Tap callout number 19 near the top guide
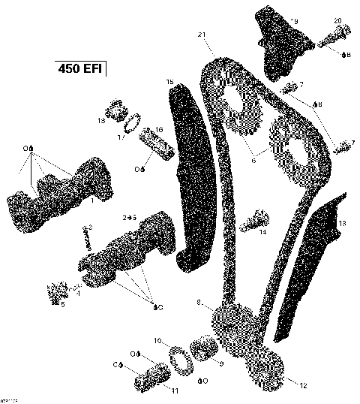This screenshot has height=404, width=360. [x=293, y=21]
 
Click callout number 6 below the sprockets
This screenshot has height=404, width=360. [x=254, y=158]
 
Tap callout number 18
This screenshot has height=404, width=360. [x=100, y=120]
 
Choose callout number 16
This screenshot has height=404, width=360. [x=158, y=130]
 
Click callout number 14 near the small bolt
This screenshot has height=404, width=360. [x=262, y=233]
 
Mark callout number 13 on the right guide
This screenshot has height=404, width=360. [x=342, y=223]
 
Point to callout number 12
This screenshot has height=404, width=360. [x=302, y=386]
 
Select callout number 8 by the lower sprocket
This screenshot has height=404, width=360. [x=199, y=303]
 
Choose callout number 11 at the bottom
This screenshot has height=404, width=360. [x=175, y=390]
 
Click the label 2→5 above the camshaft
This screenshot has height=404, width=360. [x=129, y=217]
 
